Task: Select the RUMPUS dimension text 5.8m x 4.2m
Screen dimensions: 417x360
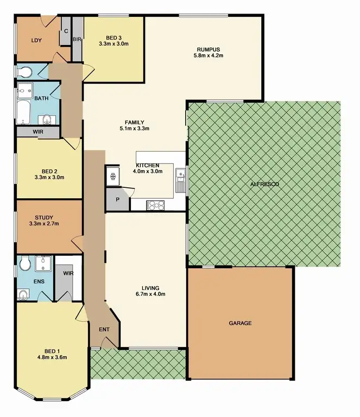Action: (209, 55)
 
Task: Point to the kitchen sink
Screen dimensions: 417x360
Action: (180, 176)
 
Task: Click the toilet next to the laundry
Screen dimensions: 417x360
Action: (24, 72)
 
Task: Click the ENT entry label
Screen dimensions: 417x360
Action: (104, 329)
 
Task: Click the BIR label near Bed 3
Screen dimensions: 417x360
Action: (77, 40)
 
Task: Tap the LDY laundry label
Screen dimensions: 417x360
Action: (36, 40)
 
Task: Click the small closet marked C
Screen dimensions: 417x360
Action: (66, 31)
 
